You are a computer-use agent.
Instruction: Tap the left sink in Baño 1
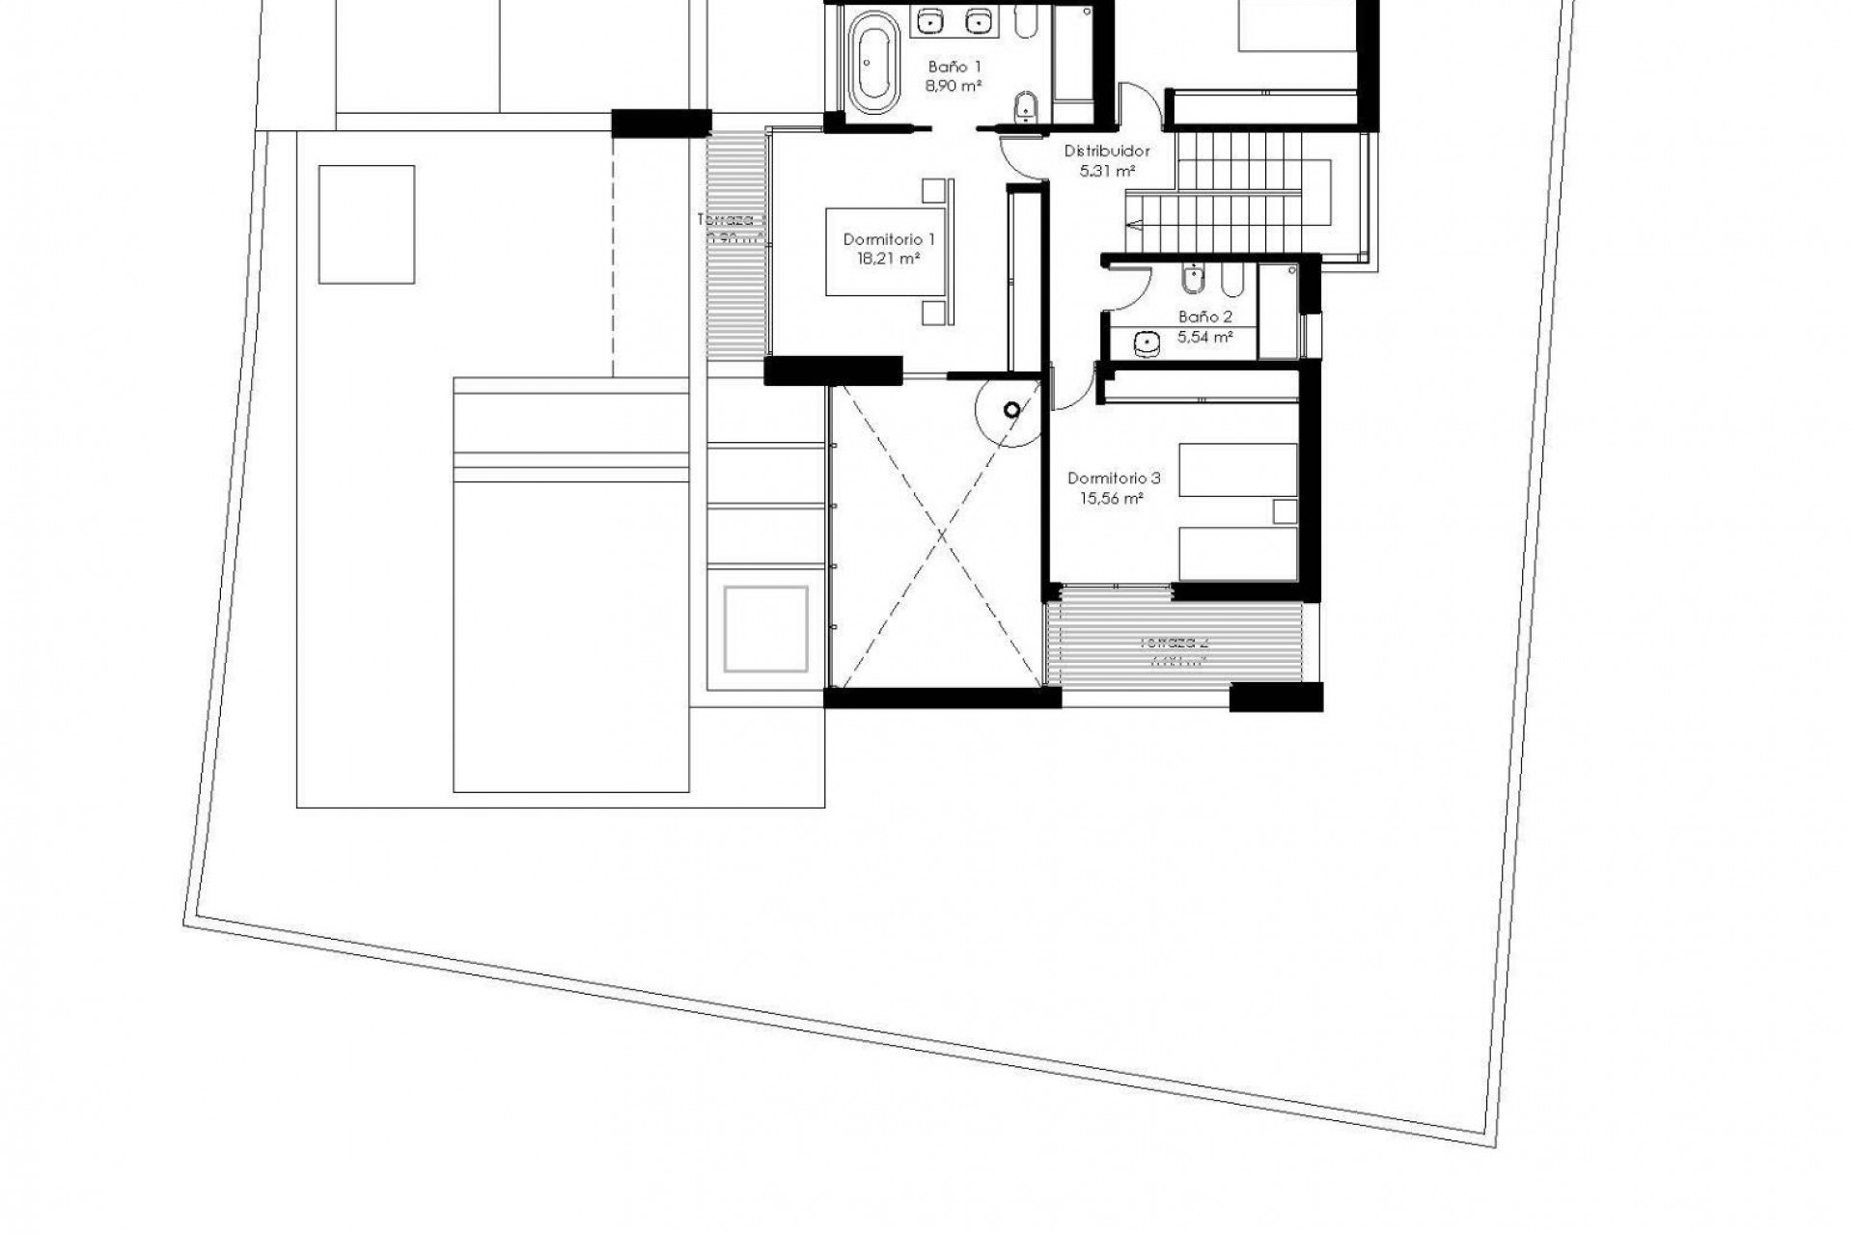point(929,18)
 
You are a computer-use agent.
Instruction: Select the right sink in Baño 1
point(979,18)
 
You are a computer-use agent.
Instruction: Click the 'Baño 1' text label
point(954,68)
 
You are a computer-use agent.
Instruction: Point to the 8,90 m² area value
point(954,86)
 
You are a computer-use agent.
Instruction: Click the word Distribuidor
point(1107,151)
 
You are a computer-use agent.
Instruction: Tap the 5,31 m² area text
point(1106,171)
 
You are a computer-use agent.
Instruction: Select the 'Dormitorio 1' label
point(889,239)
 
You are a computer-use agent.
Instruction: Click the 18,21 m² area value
point(888,259)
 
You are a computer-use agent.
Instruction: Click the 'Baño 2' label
point(1204,316)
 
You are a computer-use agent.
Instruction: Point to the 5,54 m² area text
point(1204,337)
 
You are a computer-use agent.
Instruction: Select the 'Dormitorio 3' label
point(1114,479)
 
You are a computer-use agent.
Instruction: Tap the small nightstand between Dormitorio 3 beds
point(1285,511)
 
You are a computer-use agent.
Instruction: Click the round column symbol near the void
point(1011,411)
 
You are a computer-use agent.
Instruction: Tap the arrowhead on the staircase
point(1132,224)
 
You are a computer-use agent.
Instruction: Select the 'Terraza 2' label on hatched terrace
point(1174,642)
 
